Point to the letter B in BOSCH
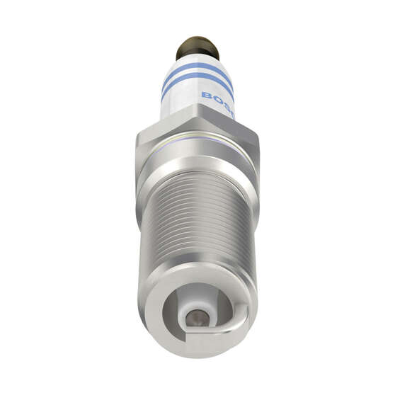(x=206, y=94)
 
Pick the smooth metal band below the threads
(x=197, y=280)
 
